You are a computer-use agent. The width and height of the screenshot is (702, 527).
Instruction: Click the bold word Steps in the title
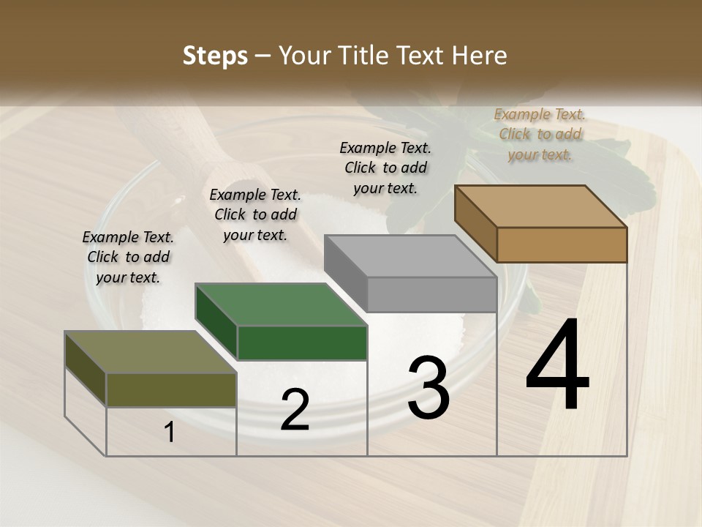[215, 56]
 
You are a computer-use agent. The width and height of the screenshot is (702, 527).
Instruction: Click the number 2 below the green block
[295, 410]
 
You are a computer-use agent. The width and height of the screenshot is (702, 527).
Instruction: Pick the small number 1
[170, 432]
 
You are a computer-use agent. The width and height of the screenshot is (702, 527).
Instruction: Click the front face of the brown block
[562, 244]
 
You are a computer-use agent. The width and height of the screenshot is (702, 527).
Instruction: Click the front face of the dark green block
[302, 343]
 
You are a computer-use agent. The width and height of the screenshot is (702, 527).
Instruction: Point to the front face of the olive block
[171, 389]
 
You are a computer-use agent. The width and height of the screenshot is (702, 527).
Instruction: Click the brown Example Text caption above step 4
[540, 134]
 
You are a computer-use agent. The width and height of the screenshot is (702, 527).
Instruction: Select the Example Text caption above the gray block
[385, 168]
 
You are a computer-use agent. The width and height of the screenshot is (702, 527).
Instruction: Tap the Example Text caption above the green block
[255, 214]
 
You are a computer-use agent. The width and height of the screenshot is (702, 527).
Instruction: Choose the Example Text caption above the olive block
[128, 257]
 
